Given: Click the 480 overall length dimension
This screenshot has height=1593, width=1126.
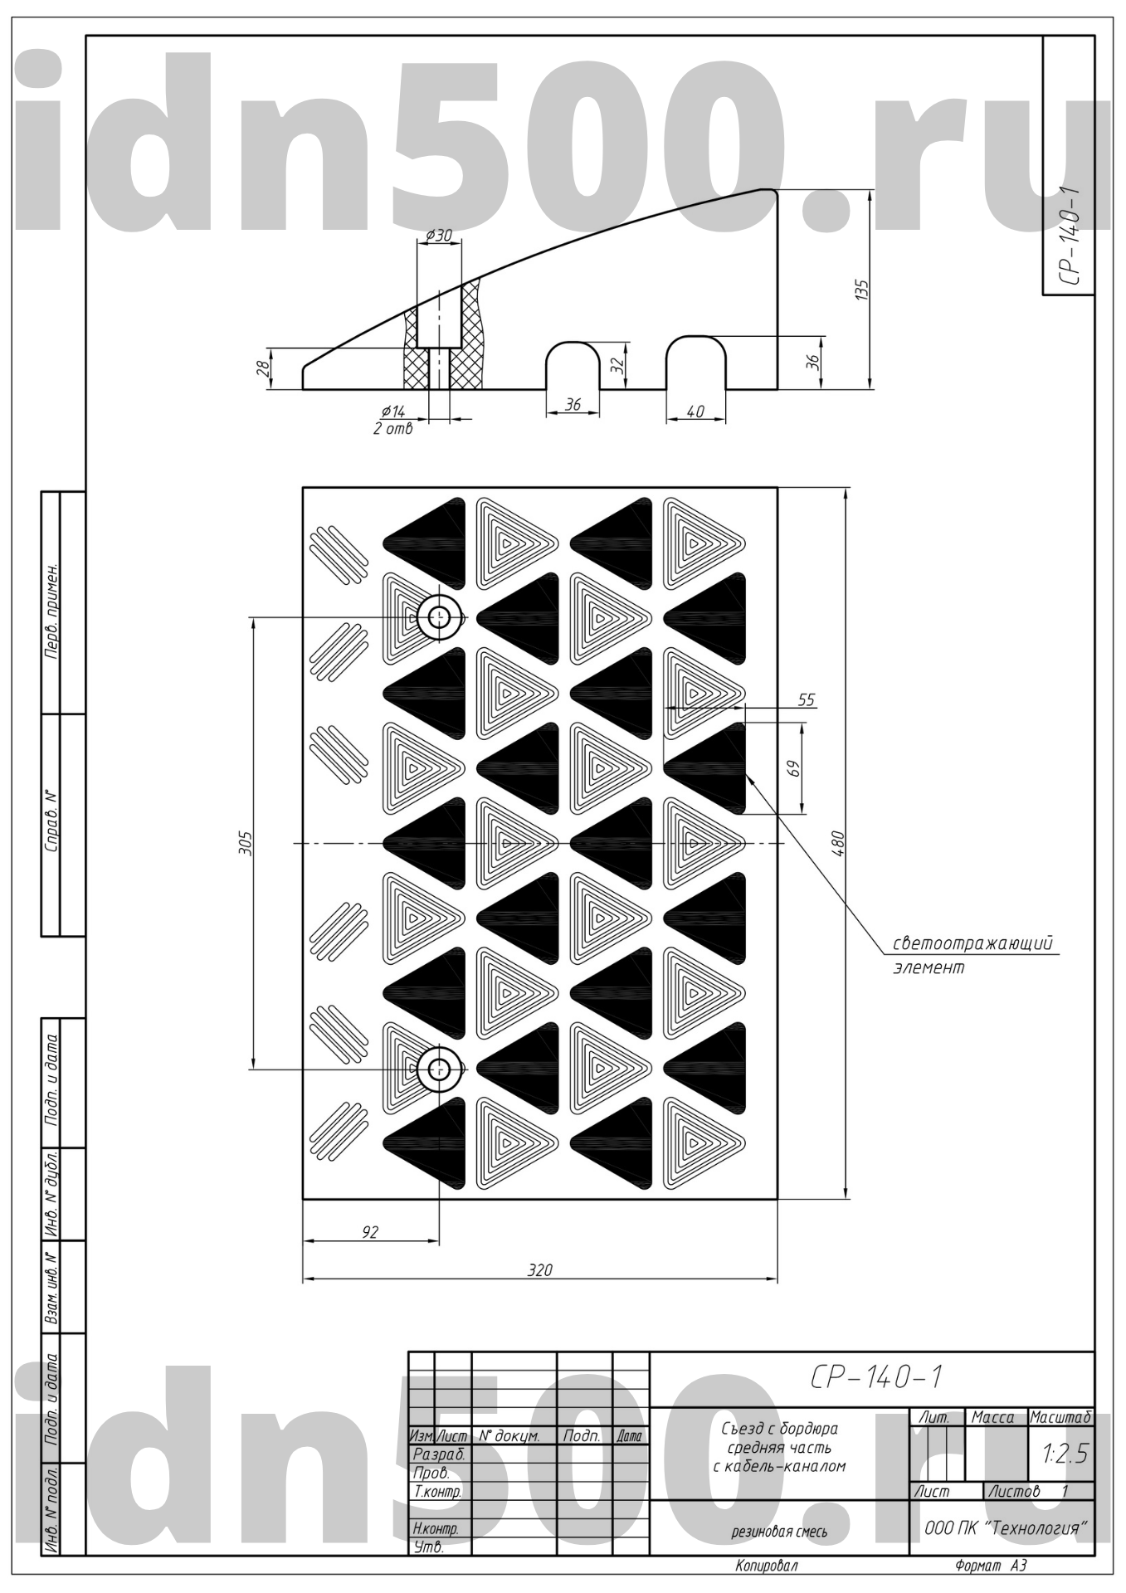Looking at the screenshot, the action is (836, 843).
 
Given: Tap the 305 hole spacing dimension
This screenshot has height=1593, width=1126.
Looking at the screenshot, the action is (246, 843).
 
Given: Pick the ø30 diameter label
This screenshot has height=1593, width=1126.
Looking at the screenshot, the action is (438, 235).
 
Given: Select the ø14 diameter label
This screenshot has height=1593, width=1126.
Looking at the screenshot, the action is (392, 412).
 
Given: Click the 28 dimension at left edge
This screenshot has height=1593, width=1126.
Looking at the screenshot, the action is (262, 368).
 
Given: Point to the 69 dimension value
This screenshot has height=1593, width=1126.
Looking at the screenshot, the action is (794, 769).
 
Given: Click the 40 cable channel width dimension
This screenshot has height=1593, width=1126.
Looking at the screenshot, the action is (695, 412).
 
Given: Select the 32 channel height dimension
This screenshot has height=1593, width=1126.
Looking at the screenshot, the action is (617, 365).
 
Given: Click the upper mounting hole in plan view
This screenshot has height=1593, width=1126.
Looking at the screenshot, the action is (439, 617).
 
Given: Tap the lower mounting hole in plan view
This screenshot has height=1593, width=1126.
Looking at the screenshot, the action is (439, 1069).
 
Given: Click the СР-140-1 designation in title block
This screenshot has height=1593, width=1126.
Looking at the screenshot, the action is (875, 1377).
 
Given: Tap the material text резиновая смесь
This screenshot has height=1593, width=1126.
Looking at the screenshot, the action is (779, 1532).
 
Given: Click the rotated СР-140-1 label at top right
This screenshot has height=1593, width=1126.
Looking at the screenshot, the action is (1070, 236).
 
